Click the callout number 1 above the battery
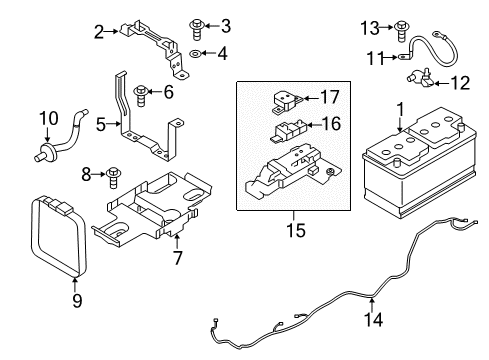[x=401, y=108]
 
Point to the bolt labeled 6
[x=142, y=94]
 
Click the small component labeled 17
[x=284, y=97]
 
